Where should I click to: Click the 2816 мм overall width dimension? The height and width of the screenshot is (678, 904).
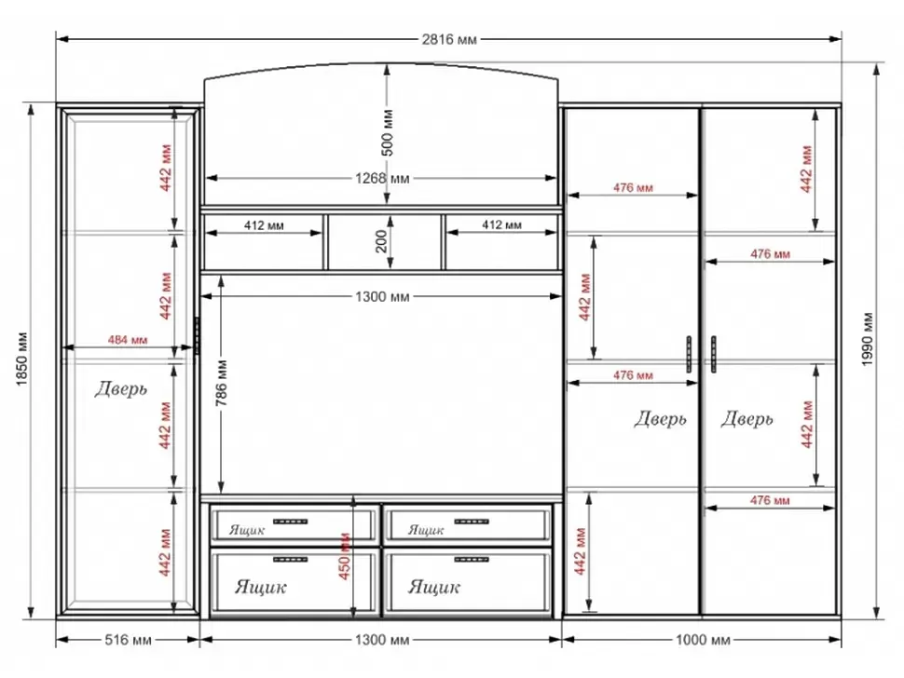[x=449, y=39]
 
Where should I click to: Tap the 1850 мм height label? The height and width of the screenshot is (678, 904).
[x=22, y=359]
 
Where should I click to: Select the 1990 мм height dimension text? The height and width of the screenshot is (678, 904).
[x=868, y=339]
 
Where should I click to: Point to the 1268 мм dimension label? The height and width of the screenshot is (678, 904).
[x=382, y=178]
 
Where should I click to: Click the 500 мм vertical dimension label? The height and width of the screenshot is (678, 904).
[x=388, y=132]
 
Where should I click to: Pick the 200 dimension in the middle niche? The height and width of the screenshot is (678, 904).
[x=381, y=241]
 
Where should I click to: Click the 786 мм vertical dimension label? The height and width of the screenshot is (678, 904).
[x=222, y=383]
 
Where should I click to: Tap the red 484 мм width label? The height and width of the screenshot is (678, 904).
[x=128, y=340]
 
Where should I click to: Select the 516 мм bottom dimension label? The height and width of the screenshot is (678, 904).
[x=128, y=640]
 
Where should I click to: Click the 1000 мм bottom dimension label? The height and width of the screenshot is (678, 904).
[x=703, y=640]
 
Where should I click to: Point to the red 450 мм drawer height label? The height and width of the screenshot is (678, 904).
[x=344, y=555]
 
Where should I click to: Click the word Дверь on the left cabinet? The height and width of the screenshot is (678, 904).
[x=121, y=389]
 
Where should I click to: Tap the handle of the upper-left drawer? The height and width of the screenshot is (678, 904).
[x=290, y=522]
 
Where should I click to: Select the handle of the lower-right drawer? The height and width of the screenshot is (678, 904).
[x=472, y=560]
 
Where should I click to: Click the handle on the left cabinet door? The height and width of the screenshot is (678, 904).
[x=197, y=335]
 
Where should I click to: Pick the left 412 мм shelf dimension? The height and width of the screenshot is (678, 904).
[x=264, y=225]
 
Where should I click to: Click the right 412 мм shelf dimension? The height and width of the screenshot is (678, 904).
[x=501, y=224]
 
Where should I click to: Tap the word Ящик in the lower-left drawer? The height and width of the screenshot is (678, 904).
[x=261, y=587]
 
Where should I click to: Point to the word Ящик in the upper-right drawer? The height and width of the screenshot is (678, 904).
[x=426, y=529]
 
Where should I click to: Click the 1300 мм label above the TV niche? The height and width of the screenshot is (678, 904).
[x=382, y=297]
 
